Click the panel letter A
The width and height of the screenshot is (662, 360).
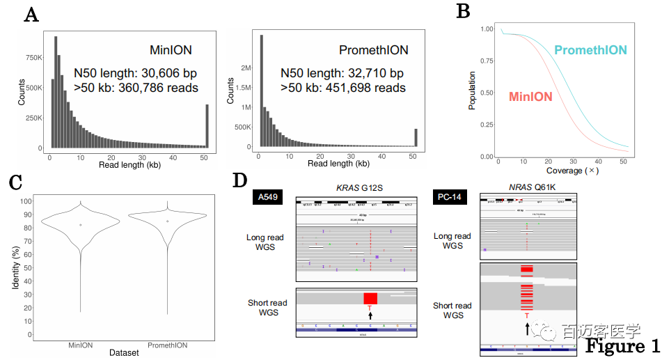click(x=31, y=15)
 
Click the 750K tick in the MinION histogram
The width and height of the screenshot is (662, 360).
click(x=33, y=57)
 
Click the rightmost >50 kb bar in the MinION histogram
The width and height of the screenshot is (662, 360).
click(x=207, y=126)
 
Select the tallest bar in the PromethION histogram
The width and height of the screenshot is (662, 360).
click(x=261, y=91)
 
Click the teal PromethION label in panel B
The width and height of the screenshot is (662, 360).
click(x=590, y=50)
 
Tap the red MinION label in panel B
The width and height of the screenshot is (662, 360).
click(x=530, y=97)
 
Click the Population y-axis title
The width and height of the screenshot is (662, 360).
click(x=473, y=91)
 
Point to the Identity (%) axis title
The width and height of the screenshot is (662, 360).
click(x=15, y=269)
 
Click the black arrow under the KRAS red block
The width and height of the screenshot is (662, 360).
click(x=370, y=315)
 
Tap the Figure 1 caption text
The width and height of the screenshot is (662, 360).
click(x=622, y=346)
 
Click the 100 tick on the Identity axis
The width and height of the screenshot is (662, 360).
click(x=28, y=201)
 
